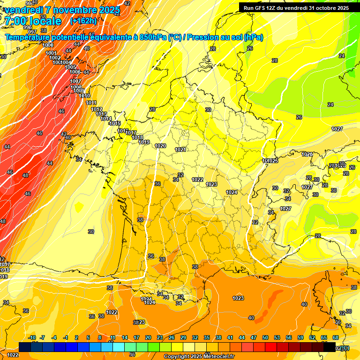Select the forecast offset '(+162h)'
coord(83,21)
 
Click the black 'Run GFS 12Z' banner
coord(296,7)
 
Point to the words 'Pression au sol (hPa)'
coord(225,37)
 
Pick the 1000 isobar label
coord(48,45)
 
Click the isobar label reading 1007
coord(75,82)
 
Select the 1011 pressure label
coord(91,103)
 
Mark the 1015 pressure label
coord(115,123)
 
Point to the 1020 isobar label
coord(160,146)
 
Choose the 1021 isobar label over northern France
coord(180,150)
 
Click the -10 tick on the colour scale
coord(32,337)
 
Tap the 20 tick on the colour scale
coord(148,337)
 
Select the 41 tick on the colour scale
coord(230,337)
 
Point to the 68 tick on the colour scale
coord(336,337)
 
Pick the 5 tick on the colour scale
coord(88,337)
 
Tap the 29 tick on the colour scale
coord(183,337)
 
